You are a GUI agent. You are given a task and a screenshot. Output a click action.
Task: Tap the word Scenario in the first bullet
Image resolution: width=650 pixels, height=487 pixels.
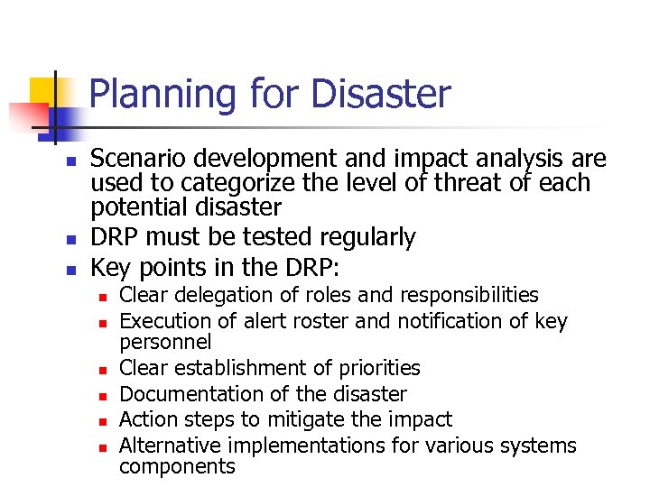pyautogui.click(x=134, y=160)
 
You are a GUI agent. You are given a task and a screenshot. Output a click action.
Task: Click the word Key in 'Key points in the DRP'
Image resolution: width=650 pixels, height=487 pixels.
pyautogui.click(x=108, y=268)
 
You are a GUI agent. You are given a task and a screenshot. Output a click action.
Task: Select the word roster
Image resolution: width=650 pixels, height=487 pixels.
pyautogui.click(x=294, y=321)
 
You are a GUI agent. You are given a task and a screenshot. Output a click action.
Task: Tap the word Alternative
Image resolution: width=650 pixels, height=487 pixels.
pyautogui.click(x=171, y=445)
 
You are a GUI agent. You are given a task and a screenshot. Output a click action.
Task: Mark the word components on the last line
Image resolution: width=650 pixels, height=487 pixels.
pyautogui.click(x=177, y=466)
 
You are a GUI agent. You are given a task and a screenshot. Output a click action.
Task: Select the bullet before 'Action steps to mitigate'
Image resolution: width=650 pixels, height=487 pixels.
pyautogui.click(x=103, y=421)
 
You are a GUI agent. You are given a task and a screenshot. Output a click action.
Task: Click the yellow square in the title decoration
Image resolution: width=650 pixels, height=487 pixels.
pyautogui.click(x=43, y=91)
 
